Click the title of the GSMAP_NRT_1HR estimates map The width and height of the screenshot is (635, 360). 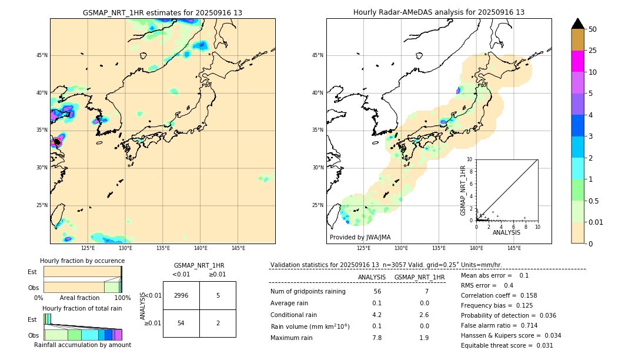162,12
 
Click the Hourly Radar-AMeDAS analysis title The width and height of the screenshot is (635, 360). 439,12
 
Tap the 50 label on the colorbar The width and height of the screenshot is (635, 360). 593,29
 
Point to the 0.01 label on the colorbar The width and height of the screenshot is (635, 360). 596,222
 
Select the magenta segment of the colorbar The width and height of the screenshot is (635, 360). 577,61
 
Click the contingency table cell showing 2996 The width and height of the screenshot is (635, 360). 181,295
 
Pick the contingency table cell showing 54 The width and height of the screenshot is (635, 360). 181,324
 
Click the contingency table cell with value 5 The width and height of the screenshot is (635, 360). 218,295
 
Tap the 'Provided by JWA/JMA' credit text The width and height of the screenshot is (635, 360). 360,238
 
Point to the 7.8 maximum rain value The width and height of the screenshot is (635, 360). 377,338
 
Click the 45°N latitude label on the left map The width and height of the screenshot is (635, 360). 42,55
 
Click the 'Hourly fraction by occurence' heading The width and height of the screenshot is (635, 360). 82,261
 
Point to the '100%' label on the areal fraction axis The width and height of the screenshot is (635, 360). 122,298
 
